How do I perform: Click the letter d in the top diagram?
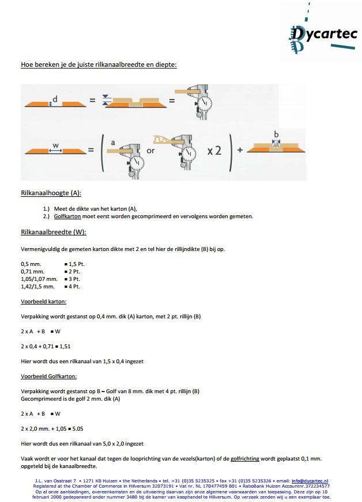55,99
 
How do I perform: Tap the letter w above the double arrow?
55,145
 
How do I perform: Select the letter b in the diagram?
276,134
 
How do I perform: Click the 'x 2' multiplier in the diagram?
214,150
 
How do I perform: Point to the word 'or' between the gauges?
150,150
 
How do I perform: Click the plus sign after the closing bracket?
239,150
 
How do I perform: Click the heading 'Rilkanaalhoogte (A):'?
51,193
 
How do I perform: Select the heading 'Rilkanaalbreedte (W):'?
53,232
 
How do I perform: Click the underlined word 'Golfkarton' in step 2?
67,216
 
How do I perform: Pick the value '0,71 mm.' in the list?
32,271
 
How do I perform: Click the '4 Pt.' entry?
73,286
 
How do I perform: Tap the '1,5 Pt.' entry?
75,263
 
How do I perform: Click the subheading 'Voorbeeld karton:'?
43,301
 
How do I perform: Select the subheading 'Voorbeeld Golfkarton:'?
48,377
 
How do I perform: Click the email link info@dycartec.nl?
310,480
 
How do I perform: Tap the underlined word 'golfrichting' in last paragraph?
247,458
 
